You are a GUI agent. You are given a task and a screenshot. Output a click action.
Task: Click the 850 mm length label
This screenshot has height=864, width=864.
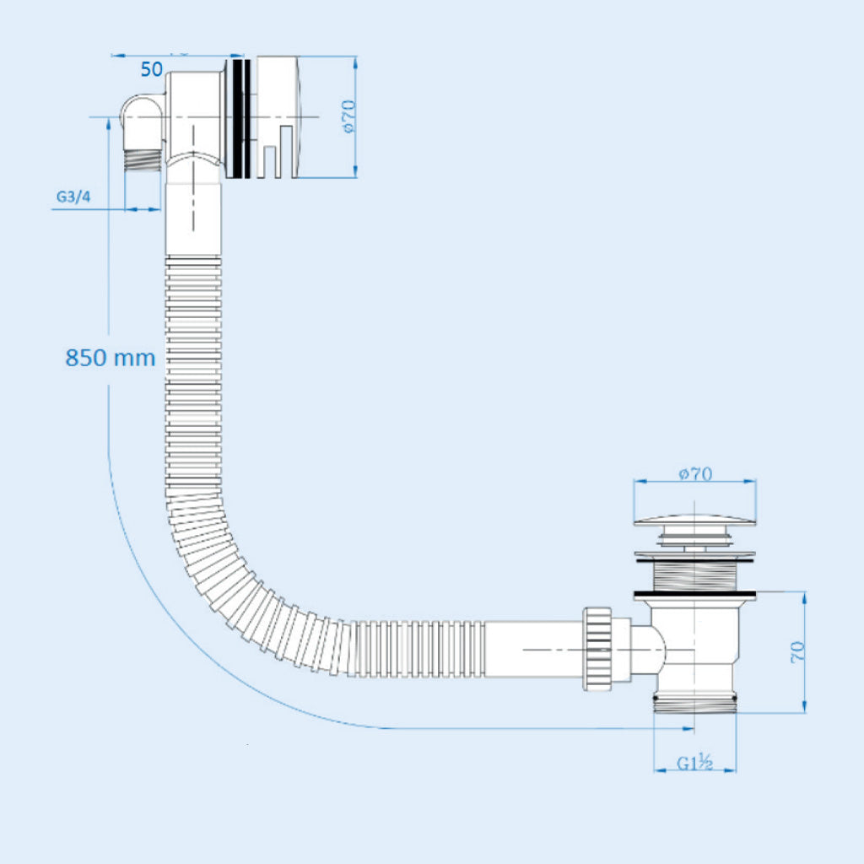tap(111, 358)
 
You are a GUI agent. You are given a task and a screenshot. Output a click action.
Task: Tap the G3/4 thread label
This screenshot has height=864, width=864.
tap(73, 197)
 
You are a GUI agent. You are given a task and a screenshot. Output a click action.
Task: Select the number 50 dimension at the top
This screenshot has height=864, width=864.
tap(151, 69)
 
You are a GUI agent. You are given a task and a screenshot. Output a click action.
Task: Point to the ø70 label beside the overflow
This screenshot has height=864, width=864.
tap(348, 116)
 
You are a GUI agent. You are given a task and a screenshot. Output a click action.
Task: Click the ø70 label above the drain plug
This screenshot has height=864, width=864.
tap(695, 474)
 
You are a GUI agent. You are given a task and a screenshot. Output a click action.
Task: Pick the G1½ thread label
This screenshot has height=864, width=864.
tap(695, 764)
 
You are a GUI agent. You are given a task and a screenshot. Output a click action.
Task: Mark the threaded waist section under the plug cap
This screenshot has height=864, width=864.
tap(695, 575)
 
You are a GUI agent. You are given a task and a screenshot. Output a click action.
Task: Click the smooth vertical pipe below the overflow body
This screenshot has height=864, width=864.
tap(194, 215)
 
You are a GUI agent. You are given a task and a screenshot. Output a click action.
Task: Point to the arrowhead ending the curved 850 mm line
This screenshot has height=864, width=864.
tap(690, 728)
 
